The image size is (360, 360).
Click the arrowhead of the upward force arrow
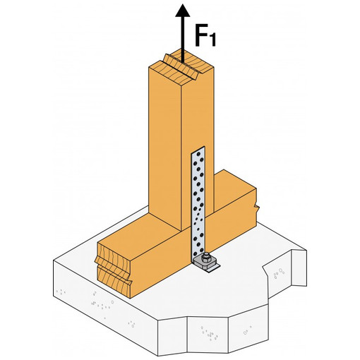(183, 11)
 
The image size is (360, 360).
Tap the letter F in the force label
(202, 35)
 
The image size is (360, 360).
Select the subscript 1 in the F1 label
(212, 40)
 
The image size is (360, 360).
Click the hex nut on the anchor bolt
(206, 257)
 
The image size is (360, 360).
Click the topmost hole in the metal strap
(199, 154)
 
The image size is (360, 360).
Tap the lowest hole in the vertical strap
(195, 253)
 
